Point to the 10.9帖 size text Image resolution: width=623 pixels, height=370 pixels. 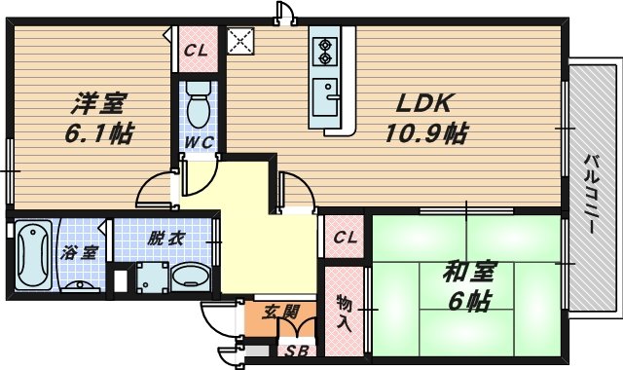point(426,133)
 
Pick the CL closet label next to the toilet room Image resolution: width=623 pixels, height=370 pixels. point(196,52)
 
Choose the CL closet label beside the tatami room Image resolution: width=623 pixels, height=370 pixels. point(345,238)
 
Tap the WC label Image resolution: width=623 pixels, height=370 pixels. point(200,142)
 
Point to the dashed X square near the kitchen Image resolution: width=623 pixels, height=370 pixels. point(238,42)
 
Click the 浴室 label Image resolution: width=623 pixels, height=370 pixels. point(80,252)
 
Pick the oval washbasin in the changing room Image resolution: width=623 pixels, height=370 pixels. point(190,277)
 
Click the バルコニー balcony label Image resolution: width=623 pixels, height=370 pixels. point(590,193)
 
